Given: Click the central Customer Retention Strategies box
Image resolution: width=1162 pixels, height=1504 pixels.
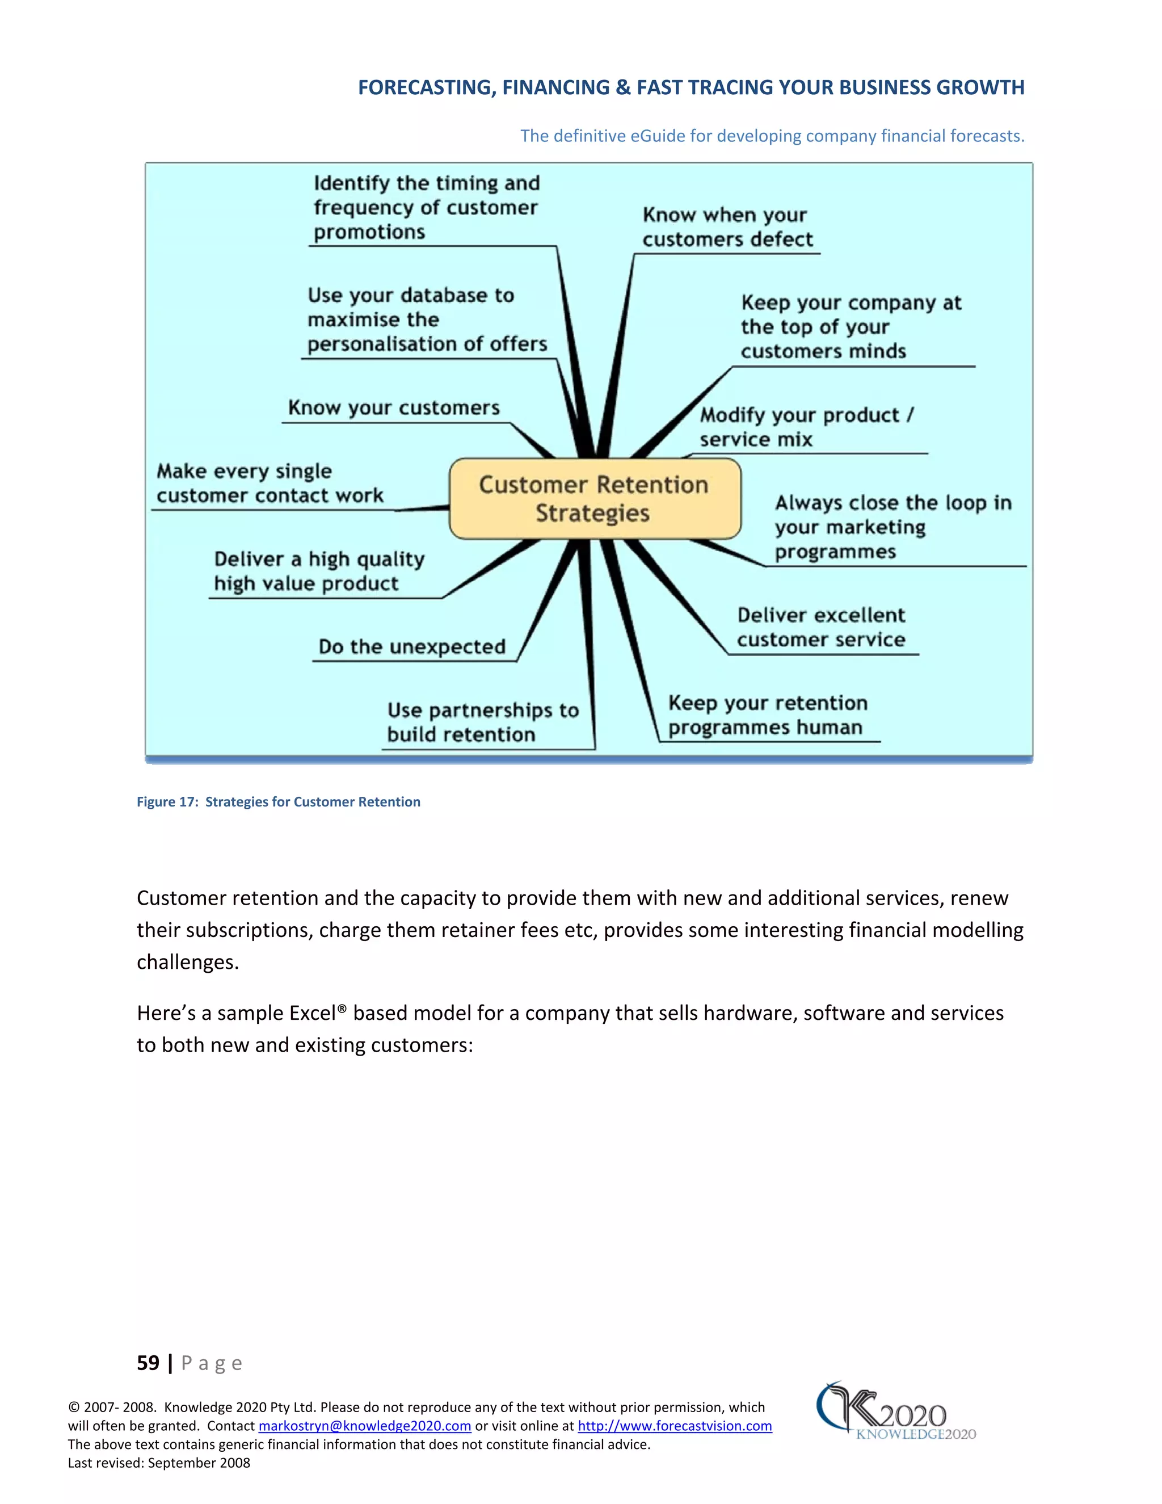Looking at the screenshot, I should tap(594, 498).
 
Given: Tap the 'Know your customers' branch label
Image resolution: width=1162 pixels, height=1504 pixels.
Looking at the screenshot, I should tap(394, 407).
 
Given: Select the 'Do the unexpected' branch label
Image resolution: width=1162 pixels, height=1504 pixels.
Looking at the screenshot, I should tap(412, 646).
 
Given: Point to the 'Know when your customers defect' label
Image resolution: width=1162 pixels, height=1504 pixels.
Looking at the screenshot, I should tap(727, 227).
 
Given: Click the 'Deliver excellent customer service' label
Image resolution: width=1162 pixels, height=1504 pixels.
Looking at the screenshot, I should tap(820, 627).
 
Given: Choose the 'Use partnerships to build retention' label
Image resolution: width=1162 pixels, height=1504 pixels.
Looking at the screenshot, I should tap(483, 722).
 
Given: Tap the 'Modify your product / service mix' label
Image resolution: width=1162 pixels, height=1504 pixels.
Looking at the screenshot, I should tap(806, 427).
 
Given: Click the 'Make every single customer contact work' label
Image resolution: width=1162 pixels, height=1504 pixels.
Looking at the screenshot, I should tap(270, 484).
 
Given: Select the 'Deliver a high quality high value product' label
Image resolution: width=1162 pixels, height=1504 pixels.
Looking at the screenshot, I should tap(319, 571).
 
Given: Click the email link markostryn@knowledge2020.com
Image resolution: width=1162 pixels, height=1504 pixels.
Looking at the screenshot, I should tap(364, 1426).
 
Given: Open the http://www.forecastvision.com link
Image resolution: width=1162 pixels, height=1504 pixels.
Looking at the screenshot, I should tap(674, 1426).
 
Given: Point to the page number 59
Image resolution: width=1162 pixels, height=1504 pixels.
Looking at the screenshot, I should tap(148, 1363).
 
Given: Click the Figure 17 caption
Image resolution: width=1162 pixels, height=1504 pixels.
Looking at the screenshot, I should tap(278, 801).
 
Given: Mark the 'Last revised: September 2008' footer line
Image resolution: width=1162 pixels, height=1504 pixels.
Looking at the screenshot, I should tap(159, 1463).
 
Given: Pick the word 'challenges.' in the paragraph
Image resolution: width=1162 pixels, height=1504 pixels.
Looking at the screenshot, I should tap(187, 962).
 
